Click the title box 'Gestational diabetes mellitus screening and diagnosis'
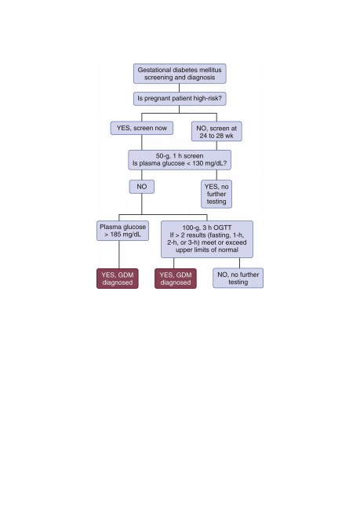pyautogui.click(x=180, y=74)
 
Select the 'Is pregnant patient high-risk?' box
pyautogui.click(x=180, y=98)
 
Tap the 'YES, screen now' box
pyautogui.click(x=142, y=128)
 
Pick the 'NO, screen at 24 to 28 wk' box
pyautogui.click(x=216, y=131)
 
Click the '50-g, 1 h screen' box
pyautogui.click(x=180, y=160)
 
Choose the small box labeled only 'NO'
pyautogui.click(x=142, y=187)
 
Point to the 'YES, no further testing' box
pyautogui.click(x=216, y=194)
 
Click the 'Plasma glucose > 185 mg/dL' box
pyautogui.click(x=122, y=231)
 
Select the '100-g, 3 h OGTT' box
pyautogui.click(x=207, y=239)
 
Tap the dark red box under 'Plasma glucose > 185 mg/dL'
pyautogui.click(x=118, y=279)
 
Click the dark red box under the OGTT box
pyautogui.click(x=176, y=279)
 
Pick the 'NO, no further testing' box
pyautogui.click(x=238, y=278)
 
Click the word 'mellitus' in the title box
pyautogui.click(x=211, y=70)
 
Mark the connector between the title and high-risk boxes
pyautogui.click(x=179, y=88)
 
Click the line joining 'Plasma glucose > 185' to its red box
pyautogui.click(x=119, y=254)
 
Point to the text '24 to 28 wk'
pyautogui.click(x=216, y=136)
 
